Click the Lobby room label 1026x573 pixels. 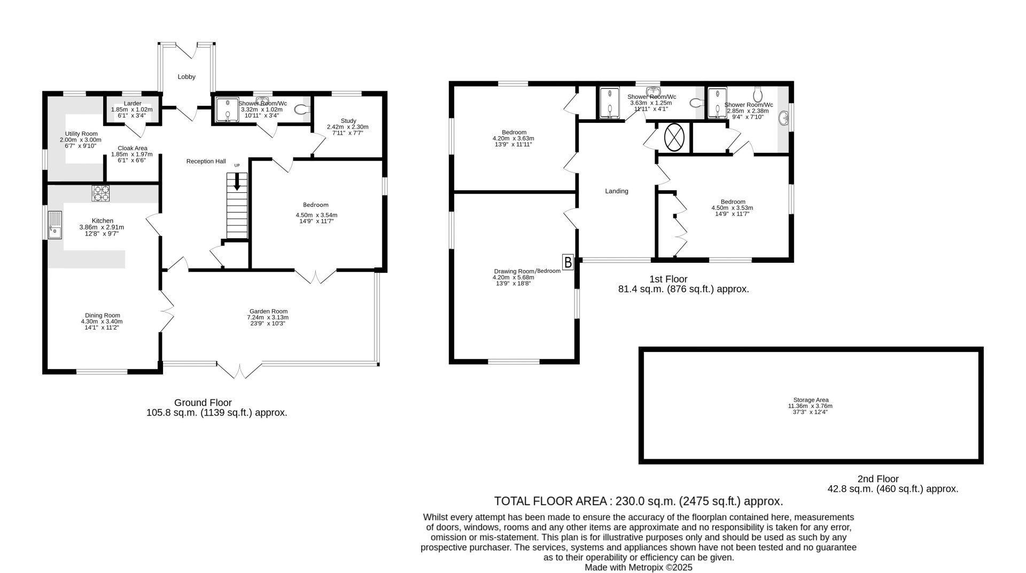click(x=186, y=77)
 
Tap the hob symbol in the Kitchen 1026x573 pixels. click(x=100, y=193)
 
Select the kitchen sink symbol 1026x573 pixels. click(x=55, y=225)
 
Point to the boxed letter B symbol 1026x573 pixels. click(x=568, y=262)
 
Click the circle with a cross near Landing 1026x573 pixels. click(x=674, y=137)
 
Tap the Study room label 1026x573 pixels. click(x=348, y=121)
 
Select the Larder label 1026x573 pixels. click(x=133, y=104)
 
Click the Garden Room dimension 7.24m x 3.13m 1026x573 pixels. click(x=268, y=317)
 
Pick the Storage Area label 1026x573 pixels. click(x=811, y=400)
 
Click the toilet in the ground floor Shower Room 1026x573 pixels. click(x=302, y=110)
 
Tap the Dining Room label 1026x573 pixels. click(x=102, y=316)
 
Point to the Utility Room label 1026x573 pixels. click(x=81, y=134)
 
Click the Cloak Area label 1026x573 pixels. click(x=133, y=148)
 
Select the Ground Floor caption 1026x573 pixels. click(x=203, y=403)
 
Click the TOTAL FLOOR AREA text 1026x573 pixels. click(x=550, y=501)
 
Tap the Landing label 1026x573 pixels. click(x=617, y=191)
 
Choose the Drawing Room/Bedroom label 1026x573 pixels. click(x=527, y=271)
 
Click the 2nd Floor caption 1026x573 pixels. click(x=878, y=479)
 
